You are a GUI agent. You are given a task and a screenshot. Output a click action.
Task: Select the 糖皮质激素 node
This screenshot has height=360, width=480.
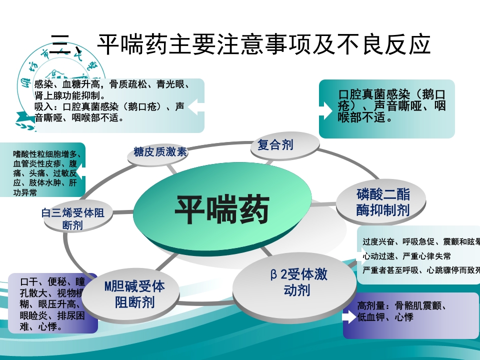(x=160, y=152)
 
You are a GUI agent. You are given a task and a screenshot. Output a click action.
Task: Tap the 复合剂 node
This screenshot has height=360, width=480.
(x=275, y=145)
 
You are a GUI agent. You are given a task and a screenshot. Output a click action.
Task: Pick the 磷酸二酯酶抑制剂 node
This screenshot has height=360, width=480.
(x=383, y=202)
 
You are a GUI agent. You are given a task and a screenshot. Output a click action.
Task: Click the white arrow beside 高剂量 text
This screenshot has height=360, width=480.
(x=348, y=317)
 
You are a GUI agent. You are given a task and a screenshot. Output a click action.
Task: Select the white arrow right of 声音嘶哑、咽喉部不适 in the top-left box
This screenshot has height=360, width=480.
(x=194, y=106)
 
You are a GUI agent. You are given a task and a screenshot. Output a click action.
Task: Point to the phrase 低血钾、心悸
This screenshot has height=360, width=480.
(x=385, y=317)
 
